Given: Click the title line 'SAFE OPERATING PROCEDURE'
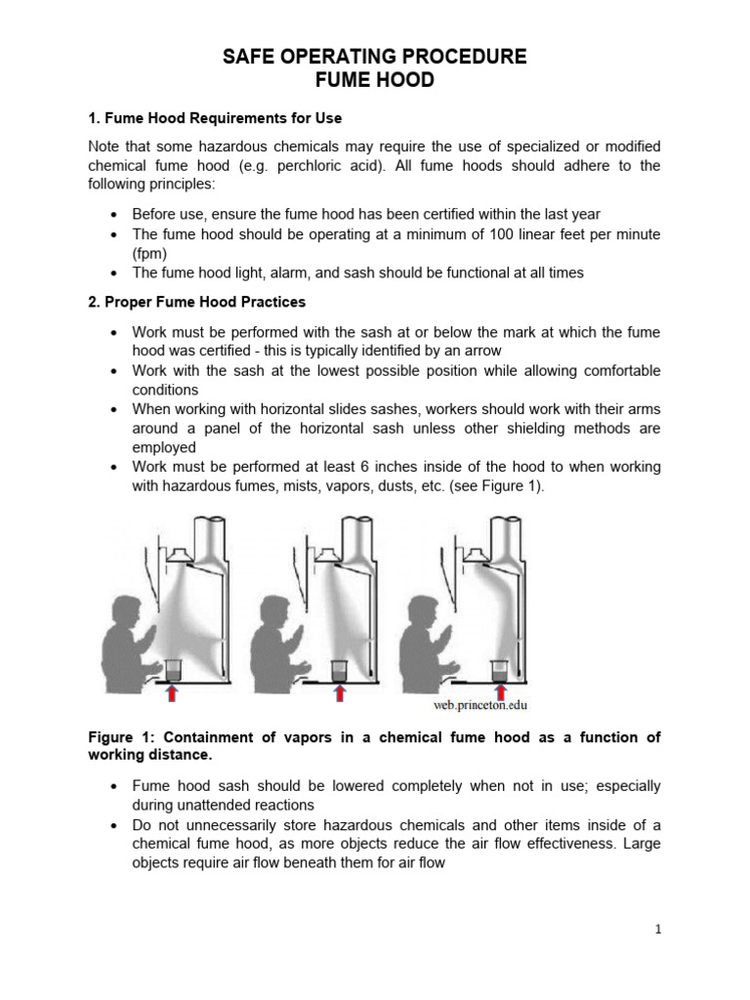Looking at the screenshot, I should [375, 58].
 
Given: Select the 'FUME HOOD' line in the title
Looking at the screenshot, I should [375, 81].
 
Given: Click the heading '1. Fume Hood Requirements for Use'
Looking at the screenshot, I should [215, 118].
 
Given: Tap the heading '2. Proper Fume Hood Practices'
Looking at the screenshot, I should [196, 302].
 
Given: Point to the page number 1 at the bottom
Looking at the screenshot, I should [658, 930].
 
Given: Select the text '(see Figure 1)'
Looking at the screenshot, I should [497, 486].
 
